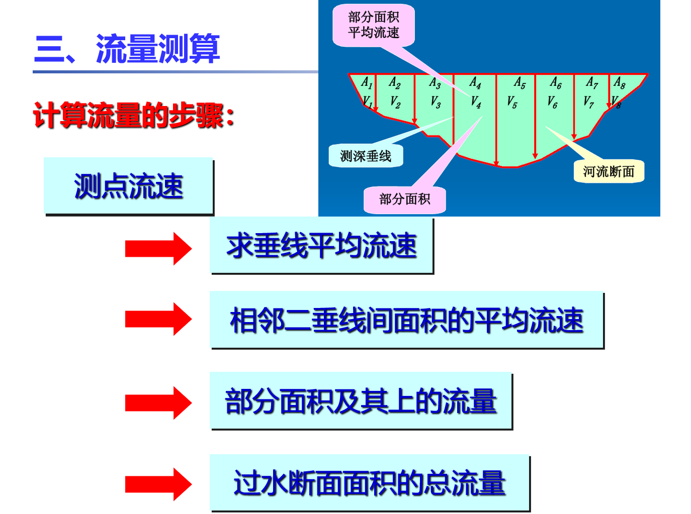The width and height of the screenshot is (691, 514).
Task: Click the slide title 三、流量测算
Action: click(127, 49)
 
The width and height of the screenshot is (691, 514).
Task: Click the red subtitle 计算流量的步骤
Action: click(134, 116)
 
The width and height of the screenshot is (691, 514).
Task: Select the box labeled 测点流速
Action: click(128, 186)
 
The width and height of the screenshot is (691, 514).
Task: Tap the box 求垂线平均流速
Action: click(321, 246)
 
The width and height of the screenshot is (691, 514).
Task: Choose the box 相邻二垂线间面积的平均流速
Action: click(406, 320)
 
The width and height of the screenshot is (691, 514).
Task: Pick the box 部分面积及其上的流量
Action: click(361, 401)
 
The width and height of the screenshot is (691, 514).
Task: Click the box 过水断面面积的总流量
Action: click(370, 483)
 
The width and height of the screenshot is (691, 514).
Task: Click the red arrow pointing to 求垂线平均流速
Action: click(158, 248)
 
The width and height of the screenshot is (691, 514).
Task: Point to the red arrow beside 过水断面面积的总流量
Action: click(158, 484)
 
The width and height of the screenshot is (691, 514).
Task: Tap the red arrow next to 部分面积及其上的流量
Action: click(158, 403)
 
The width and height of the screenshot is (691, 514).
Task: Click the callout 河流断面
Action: click(609, 172)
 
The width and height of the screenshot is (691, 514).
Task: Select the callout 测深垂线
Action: click(366, 156)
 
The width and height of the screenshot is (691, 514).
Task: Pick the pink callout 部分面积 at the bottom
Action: click(405, 199)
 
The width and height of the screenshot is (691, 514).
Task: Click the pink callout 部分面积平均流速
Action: click(374, 25)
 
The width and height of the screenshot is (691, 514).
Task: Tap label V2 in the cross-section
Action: click(395, 102)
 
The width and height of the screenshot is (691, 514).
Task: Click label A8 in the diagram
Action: click(620, 83)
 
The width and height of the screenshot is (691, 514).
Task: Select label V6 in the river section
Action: click(552, 102)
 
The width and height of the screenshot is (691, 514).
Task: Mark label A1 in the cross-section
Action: click(367, 83)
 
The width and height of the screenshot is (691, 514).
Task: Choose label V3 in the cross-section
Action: click(436, 102)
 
